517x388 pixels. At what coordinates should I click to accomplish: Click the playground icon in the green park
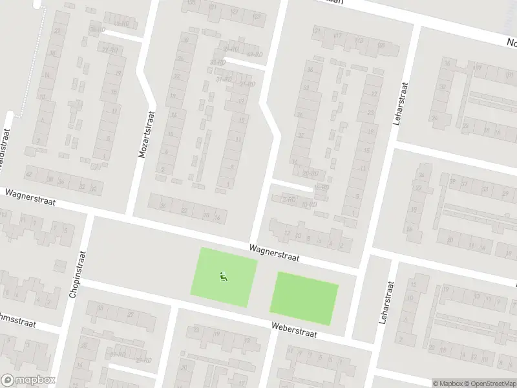click(x=224, y=277)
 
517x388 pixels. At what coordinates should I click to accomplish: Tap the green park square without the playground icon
click(x=304, y=297)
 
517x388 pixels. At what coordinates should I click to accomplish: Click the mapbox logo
click(x=28, y=380)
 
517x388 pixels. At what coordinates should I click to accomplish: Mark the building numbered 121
click(x=317, y=30)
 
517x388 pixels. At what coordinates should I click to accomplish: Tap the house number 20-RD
click(x=310, y=173)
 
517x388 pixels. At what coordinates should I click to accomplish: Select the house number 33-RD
click(x=218, y=63)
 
